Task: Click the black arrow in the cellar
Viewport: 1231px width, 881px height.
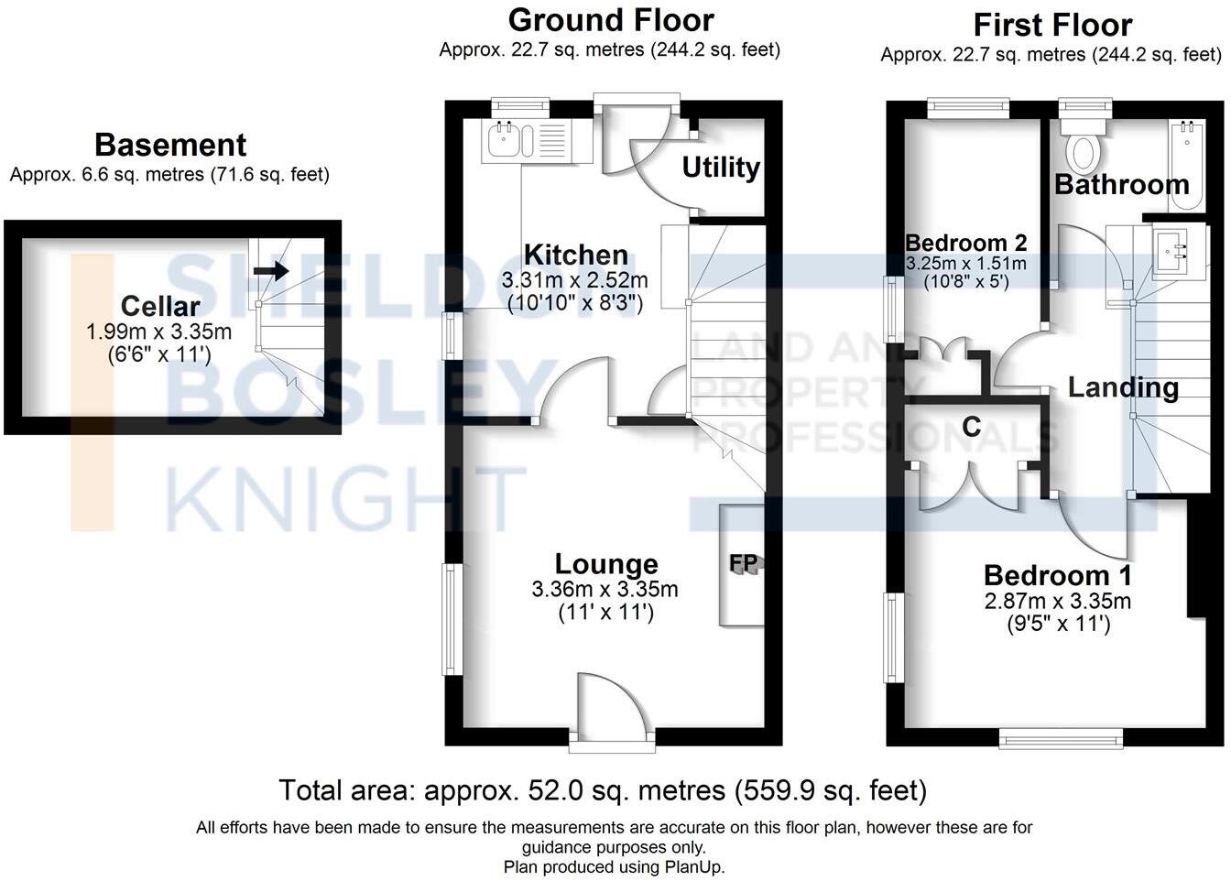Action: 271,270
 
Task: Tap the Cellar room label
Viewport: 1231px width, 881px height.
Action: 160,307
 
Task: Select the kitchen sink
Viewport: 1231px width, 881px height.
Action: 503,141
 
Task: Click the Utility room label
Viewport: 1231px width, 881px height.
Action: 721,168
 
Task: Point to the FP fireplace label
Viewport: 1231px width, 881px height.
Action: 744,563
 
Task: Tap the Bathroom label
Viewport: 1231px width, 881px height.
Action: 1121,184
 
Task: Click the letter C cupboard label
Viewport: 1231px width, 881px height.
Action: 972,426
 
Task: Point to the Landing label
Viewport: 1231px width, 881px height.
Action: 1123,387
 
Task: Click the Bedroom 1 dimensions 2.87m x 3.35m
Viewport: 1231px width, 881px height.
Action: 1057,602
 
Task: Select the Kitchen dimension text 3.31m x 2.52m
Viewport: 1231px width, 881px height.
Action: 574,279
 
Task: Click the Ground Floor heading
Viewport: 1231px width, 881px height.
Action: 611,19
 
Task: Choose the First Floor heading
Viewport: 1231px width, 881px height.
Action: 1051,25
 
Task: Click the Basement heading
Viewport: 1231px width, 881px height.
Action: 170,145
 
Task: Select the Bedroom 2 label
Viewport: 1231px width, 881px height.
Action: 965,243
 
